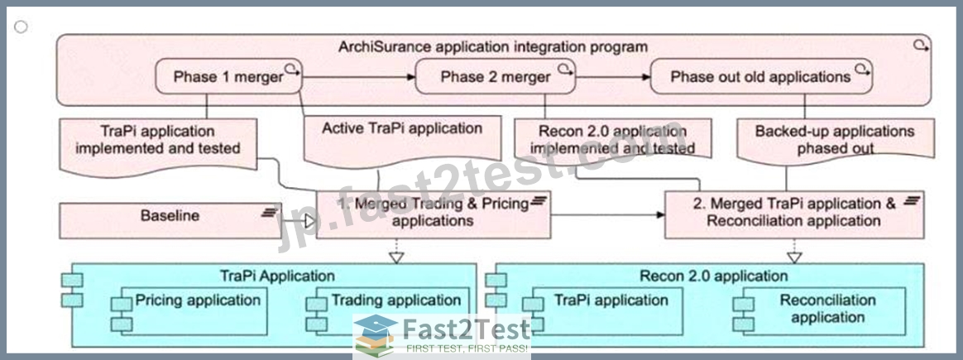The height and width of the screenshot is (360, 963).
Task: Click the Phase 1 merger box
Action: click(228, 76)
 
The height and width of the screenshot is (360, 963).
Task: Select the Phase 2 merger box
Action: click(496, 76)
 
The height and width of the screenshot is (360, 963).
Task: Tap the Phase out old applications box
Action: click(761, 76)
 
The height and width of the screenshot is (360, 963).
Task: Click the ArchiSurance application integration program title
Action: click(493, 46)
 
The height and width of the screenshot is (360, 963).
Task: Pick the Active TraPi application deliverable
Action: click(402, 142)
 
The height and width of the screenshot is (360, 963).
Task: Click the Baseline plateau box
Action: click(170, 220)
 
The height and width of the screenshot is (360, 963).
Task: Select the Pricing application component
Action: click(189, 311)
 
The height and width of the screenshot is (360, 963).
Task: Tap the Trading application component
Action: click(387, 311)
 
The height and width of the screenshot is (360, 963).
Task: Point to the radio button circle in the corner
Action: click(21, 26)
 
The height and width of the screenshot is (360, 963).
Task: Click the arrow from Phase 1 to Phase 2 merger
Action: click(359, 77)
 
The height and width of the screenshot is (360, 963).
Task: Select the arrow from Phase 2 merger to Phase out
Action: click(613, 77)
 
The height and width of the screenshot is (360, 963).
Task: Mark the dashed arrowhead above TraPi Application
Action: click(397, 257)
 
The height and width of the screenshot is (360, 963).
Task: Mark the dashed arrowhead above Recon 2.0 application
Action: click(795, 257)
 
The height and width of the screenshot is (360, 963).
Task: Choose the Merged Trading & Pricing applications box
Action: click(434, 214)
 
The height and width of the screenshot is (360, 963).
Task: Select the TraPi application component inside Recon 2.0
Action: click(602, 311)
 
